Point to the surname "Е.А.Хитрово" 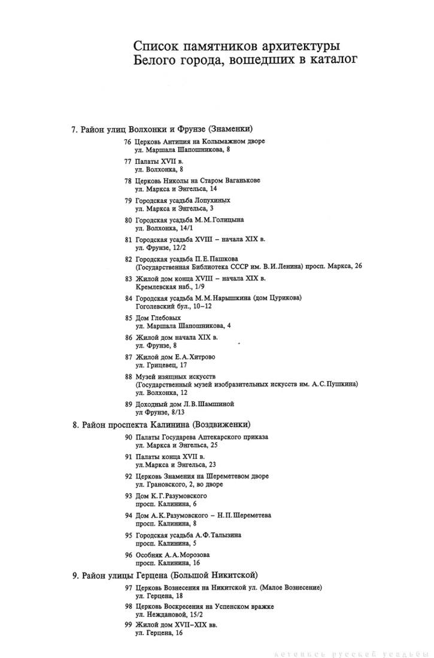pos(195,357)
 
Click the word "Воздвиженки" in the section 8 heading pos(220,424)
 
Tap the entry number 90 pos(128,437)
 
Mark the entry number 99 pos(128,625)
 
